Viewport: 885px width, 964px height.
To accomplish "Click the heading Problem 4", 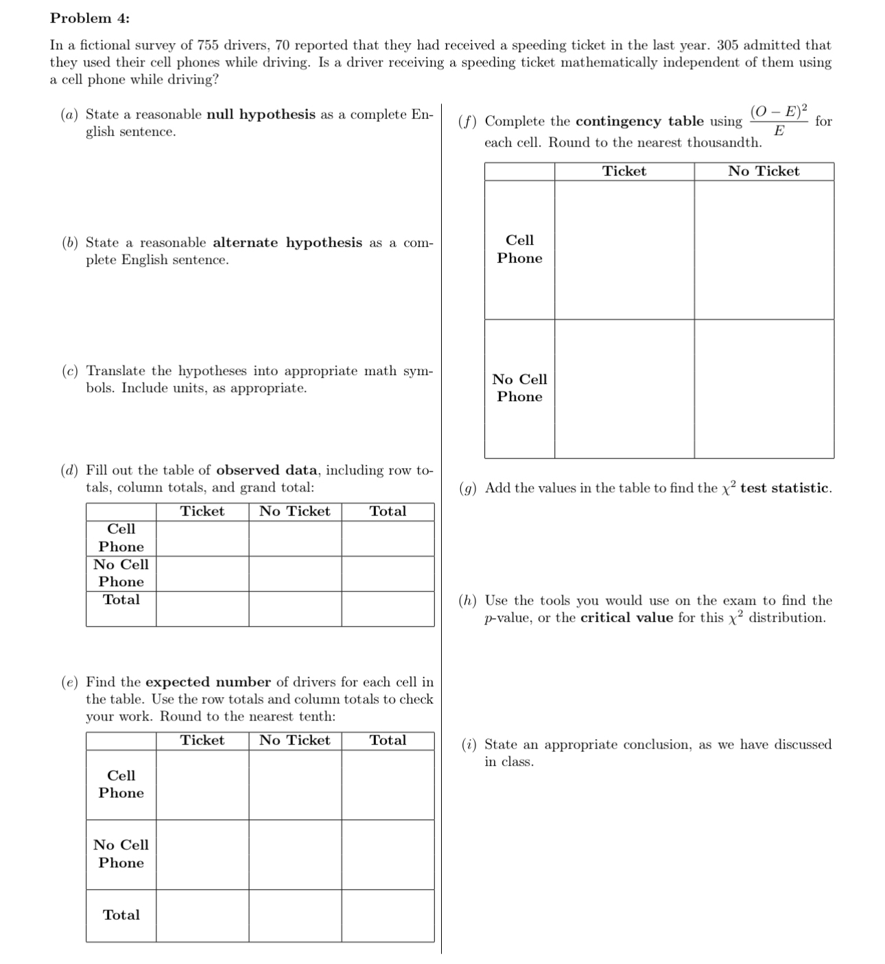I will coord(90,19).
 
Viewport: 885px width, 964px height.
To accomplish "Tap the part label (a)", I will coord(69,115).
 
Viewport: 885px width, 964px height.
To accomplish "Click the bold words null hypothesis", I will coord(261,115).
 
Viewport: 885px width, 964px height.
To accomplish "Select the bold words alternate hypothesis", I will coord(287,243).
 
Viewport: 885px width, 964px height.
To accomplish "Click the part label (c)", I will coord(69,371).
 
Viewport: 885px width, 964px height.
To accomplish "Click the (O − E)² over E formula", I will coord(779,121).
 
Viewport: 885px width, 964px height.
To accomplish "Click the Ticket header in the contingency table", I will coord(624,171).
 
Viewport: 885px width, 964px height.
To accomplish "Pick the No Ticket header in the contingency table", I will coord(764,171).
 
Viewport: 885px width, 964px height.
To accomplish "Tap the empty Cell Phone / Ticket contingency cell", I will coord(624,250).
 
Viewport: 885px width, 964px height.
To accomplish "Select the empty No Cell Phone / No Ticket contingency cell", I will coord(764,389).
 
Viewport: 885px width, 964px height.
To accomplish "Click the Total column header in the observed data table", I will coord(388,511).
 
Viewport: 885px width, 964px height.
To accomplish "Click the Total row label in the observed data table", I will coord(121,600).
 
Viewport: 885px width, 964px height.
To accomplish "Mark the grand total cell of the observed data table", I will coord(388,609).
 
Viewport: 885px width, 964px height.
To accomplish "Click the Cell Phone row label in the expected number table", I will coord(121,784).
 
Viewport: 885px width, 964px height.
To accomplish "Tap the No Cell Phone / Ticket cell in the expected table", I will coord(202,854).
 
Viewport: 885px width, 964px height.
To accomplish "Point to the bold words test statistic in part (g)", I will coord(785,488).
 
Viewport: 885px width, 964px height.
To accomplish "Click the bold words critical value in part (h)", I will coord(626,618).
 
